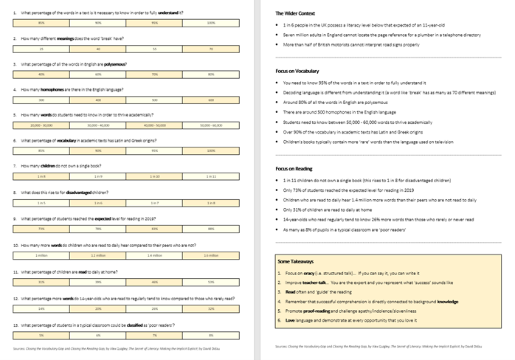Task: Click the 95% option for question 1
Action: click(x=155, y=23)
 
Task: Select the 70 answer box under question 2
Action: click(x=211, y=49)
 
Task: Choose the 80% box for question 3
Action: click(x=211, y=74)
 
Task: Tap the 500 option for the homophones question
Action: click(x=155, y=100)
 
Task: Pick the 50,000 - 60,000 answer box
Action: click(x=211, y=125)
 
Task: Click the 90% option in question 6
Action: click(x=98, y=150)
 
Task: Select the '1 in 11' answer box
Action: click(x=211, y=176)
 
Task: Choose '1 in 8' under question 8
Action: click(x=211, y=202)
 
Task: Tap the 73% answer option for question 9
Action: click(x=41, y=228)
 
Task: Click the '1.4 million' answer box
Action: click(x=155, y=255)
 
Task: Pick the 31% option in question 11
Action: click(x=41, y=281)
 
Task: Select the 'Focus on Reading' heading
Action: click(x=294, y=168)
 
